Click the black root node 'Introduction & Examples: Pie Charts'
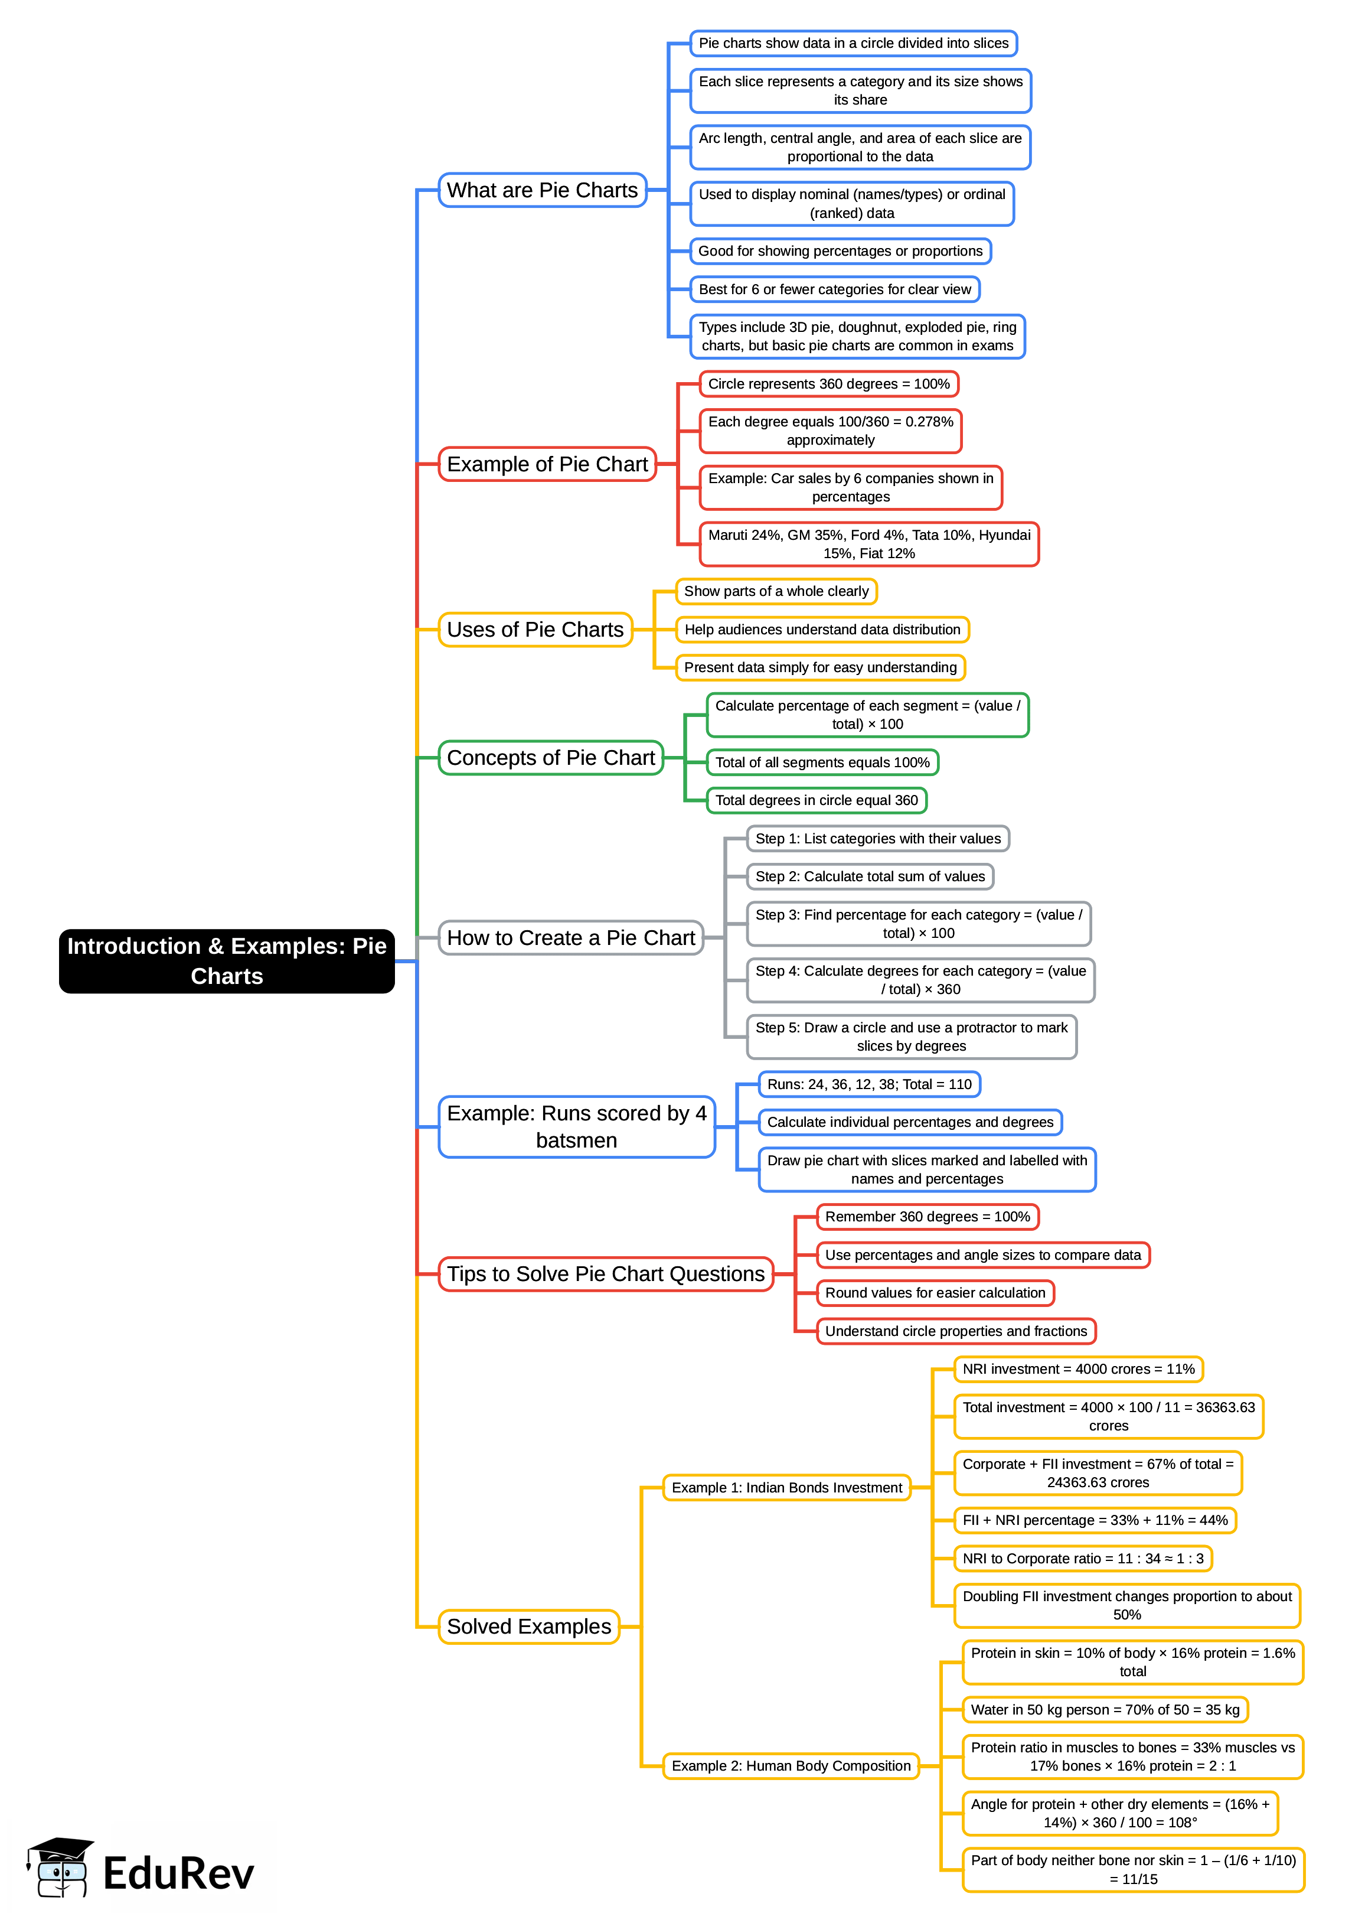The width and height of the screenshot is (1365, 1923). pos(226,960)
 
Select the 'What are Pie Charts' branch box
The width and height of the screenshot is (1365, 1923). pos(542,190)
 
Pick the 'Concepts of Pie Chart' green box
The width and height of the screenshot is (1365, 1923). pos(550,758)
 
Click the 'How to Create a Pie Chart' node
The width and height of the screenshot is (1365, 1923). pos(571,937)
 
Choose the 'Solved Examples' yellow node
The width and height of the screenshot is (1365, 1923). pos(528,1626)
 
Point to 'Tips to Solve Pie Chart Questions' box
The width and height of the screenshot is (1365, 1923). pos(605,1274)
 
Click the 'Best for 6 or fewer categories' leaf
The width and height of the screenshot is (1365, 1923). pos(835,289)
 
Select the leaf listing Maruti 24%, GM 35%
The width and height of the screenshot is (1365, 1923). pos(868,544)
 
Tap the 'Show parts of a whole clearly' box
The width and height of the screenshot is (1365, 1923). pos(776,591)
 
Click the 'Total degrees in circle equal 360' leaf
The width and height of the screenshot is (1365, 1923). pos(816,800)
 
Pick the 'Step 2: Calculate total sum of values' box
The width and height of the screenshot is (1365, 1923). pos(870,876)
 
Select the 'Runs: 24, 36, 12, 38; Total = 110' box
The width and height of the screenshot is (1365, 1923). pos(869,1084)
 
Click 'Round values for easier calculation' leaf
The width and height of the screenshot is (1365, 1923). pos(935,1292)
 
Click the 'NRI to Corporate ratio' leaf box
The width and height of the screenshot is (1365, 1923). pos(1083,1558)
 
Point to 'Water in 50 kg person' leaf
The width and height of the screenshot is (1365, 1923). pos(1105,1709)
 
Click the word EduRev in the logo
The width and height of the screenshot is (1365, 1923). pos(178,1874)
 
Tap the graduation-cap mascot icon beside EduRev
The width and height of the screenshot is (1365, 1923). pos(59,1867)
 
